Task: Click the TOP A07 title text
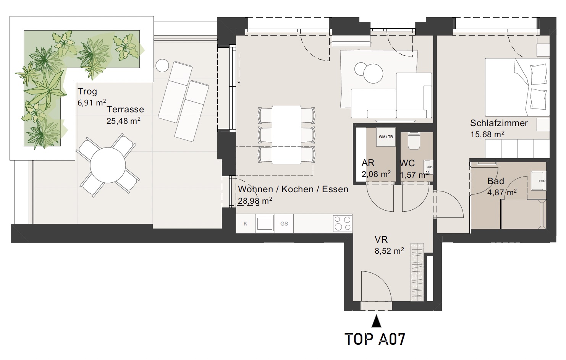pyautogui.click(x=375, y=339)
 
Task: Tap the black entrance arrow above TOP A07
pyautogui.click(x=377, y=321)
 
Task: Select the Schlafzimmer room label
pyautogui.click(x=499, y=123)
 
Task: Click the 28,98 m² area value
pyautogui.click(x=255, y=201)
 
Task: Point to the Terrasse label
pyautogui.click(x=125, y=109)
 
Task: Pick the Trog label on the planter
pyautogui.click(x=87, y=91)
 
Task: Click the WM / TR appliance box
pyautogui.click(x=386, y=137)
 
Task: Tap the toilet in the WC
pyautogui.click(x=414, y=141)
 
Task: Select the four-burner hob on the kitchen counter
pyautogui.click(x=342, y=223)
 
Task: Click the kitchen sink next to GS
pyautogui.click(x=265, y=223)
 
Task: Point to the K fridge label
pyautogui.click(x=245, y=224)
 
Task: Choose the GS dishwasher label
pyautogui.click(x=284, y=224)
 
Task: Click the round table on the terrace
pyautogui.click(x=108, y=165)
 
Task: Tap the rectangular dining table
pyautogui.click(x=286, y=135)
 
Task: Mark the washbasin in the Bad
pyautogui.click(x=539, y=181)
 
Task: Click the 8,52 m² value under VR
pyautogui.click(x=389, y=251)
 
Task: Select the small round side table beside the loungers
pyautogui.click(x=162, y=66)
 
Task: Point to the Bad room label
pyautogui.click(x=495, y=181)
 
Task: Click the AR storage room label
pyautogui.click(x=368, y=163)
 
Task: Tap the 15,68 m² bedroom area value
pyautogui.click(x=487, y=134)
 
